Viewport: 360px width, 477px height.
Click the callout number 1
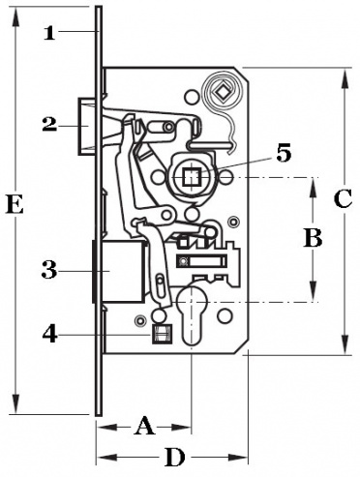tap(49, 33)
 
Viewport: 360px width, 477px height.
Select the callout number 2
tap(49, 124)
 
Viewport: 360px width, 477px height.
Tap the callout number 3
tap(49, 270)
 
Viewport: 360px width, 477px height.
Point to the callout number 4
tap(50, 334)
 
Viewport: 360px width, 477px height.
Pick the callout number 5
tap(284, 153)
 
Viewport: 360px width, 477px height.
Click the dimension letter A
tap(144, 426)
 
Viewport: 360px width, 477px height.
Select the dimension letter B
tap(313, 238)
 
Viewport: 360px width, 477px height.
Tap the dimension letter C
tap(343, 199)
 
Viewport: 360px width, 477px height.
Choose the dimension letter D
tap(175, 458)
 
